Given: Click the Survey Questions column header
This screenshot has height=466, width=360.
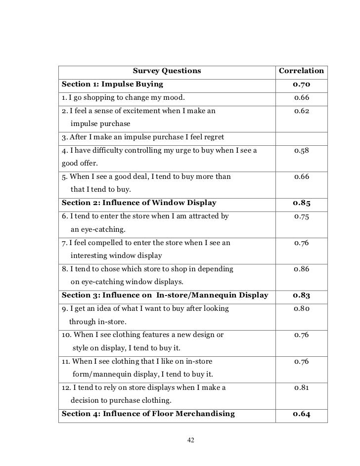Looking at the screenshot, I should tap(167, 71).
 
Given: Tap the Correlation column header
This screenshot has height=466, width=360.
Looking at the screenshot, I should tap(301, 71).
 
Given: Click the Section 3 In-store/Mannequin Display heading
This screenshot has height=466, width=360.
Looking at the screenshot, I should tap(165, 296).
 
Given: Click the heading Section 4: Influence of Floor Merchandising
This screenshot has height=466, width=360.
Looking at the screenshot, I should tap(148, 414).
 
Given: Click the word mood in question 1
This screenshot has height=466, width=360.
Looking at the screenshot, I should tap(177, 97).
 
